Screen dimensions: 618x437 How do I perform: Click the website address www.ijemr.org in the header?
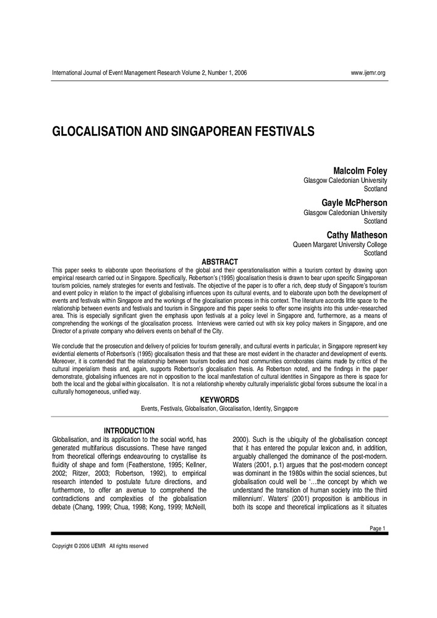point(368,73)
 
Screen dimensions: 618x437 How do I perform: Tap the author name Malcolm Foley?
point(360,171)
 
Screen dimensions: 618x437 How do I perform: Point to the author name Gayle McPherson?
point(354,203)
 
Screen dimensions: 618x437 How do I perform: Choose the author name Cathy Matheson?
point(357,235)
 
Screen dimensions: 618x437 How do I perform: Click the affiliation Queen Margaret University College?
point(339,245)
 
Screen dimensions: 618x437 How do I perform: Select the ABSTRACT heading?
point(220,262)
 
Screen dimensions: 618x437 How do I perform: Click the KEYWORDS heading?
point(219,400)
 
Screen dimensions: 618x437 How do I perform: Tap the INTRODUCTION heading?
point(129,430)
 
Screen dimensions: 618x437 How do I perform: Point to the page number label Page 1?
point(377,528)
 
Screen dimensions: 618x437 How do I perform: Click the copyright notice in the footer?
point(100,546)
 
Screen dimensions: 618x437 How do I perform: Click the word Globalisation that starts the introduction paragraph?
point(72,439)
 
